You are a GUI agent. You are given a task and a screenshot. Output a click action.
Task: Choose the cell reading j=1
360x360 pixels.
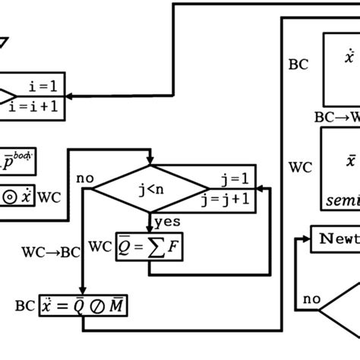tap(234, 179)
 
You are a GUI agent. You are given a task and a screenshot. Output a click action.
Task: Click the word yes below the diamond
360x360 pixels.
tap(166, 222)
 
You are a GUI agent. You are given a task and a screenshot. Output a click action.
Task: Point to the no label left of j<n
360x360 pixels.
tap(84, 178)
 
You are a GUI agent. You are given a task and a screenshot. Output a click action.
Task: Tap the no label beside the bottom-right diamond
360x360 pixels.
tap(311, 298)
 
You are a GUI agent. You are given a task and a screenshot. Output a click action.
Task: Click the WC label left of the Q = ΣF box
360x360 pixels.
tap(100, 246)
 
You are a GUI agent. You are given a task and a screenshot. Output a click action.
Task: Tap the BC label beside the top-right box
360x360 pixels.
tap(298, 65)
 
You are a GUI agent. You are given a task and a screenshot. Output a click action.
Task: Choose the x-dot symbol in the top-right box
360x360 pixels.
tap(349, 57)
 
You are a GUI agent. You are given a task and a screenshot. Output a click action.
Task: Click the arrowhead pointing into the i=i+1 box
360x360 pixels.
tap(71, 97)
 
